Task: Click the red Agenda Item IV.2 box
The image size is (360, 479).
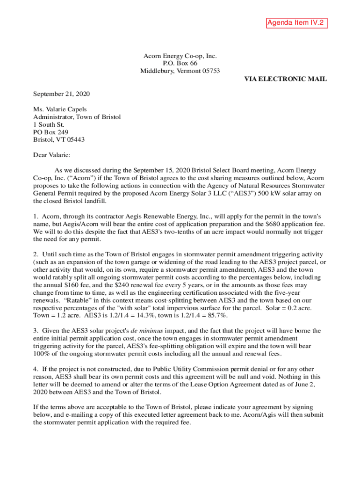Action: [295, 22]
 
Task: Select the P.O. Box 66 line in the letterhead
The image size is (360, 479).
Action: [180, 63]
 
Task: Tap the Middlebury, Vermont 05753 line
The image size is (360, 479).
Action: [180, 71]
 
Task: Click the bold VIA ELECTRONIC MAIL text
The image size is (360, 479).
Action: [285, 79]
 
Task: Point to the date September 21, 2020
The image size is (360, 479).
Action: [61, 94]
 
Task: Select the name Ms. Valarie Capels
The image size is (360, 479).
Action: [59, 109]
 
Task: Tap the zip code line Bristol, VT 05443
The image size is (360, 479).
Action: [59, 139]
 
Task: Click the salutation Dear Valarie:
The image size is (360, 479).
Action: [51, 154]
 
